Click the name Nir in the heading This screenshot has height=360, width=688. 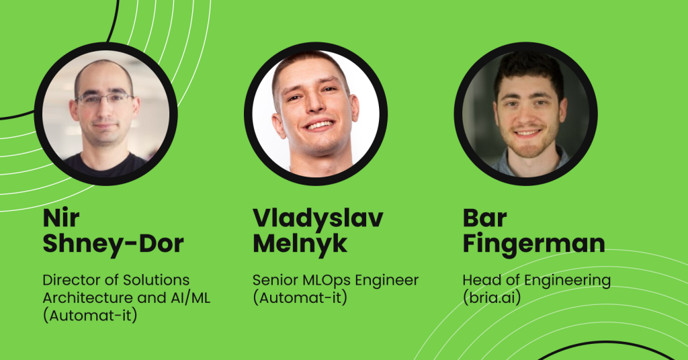tap(61, 218)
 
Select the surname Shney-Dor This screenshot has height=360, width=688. tap(113, 243)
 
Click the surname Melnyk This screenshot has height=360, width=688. tap(300, 243)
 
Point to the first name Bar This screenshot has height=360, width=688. tap(485, 218)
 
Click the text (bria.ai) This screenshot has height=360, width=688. tap(492, 298)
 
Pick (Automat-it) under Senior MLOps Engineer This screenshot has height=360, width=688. tap(300, 298)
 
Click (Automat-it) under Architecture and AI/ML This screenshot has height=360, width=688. tap(90, 315)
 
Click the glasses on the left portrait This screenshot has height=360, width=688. tap(105, 99)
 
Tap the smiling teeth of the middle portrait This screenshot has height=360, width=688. tap(319, 126)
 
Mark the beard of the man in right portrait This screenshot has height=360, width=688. tap(529, 140)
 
